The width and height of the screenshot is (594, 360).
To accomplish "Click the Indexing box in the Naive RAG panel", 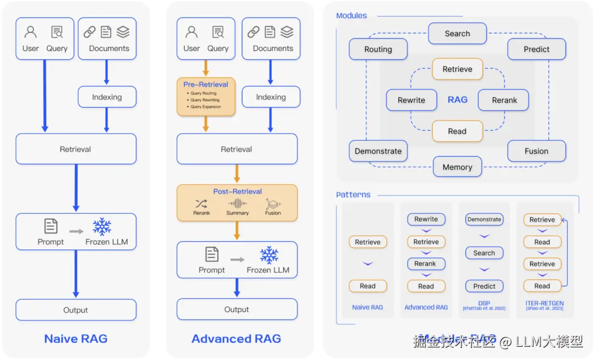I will pyautogui.click(x=107, y=97).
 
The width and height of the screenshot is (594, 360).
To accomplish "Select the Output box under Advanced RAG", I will pyautogui.click(x=237, y=309).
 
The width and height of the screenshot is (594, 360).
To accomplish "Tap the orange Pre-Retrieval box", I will pyautogui.click(x=206, y=96).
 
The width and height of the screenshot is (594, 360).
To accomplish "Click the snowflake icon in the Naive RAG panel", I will pyautogui.click(x=102, y=226).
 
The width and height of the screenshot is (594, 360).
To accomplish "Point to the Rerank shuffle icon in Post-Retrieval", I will pyautogui.click(x=201, y=204).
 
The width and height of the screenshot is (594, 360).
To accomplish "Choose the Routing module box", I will pyautogui.click(x=378, y=49).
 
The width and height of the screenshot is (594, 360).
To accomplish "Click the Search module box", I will pyautogui.click(x=457, y=34).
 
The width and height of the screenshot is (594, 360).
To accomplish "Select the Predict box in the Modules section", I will pyautogui.click(x=536, y=49).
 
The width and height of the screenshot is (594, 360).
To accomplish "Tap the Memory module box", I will pyautogui.click(x=457, y=167).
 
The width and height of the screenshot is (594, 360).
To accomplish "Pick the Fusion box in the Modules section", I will pyautogui.click(x=536, y=151).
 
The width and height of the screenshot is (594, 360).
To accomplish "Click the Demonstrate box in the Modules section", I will pyautogui.click(x=378, y=151).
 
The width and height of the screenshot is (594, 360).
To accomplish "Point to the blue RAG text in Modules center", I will pyautogui.click(x=458, y=99).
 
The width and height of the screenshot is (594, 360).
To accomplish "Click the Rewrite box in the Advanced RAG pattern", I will pyautogui.click(x=426, y=219).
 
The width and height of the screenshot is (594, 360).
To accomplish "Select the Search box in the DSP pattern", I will pyautogui.click(x=484, y=253).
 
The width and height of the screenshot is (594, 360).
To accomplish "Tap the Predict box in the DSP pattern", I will pyautogui.click(x=484, y=286).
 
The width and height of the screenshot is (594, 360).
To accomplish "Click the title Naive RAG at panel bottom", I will pyautogui.click(x=76, y=339).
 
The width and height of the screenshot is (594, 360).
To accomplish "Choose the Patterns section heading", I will pyautogui.click(x=353, y=195).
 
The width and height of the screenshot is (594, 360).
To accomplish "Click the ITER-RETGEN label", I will pyautogui.click(x=544, y=303).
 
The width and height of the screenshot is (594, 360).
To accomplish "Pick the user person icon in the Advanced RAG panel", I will pyautogui.click(x=191, y=32).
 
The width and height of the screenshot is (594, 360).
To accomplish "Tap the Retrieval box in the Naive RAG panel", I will pyautogui.click(x=76, y=149).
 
